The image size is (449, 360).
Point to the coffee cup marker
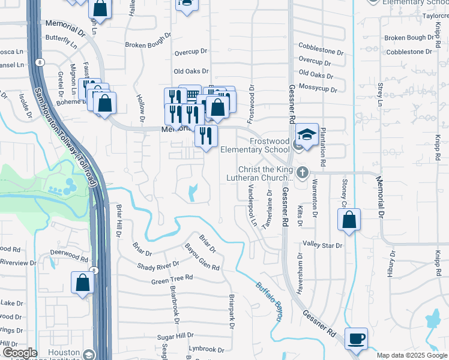click(357, 338)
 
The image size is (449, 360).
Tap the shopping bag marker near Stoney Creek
click(349, 220)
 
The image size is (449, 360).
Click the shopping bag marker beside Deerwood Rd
click(82, 282)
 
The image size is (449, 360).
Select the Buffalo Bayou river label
click(268, 301)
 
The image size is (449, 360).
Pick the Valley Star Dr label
click(322, 245)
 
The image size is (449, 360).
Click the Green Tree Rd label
click(172, 279)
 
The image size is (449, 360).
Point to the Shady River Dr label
click(158, 265)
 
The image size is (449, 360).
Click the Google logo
click(20, 353)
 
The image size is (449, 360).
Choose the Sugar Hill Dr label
click(176, 336)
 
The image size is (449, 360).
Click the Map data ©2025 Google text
click(411, 355)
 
